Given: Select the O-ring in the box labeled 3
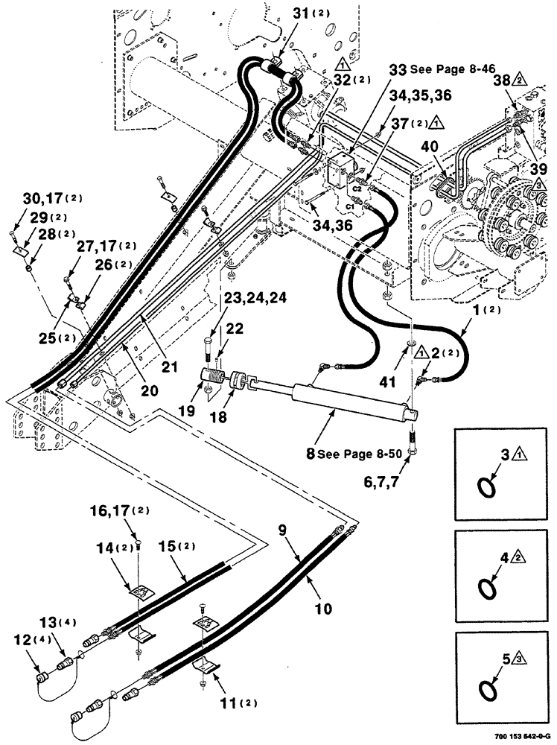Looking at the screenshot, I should coord(486,487).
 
